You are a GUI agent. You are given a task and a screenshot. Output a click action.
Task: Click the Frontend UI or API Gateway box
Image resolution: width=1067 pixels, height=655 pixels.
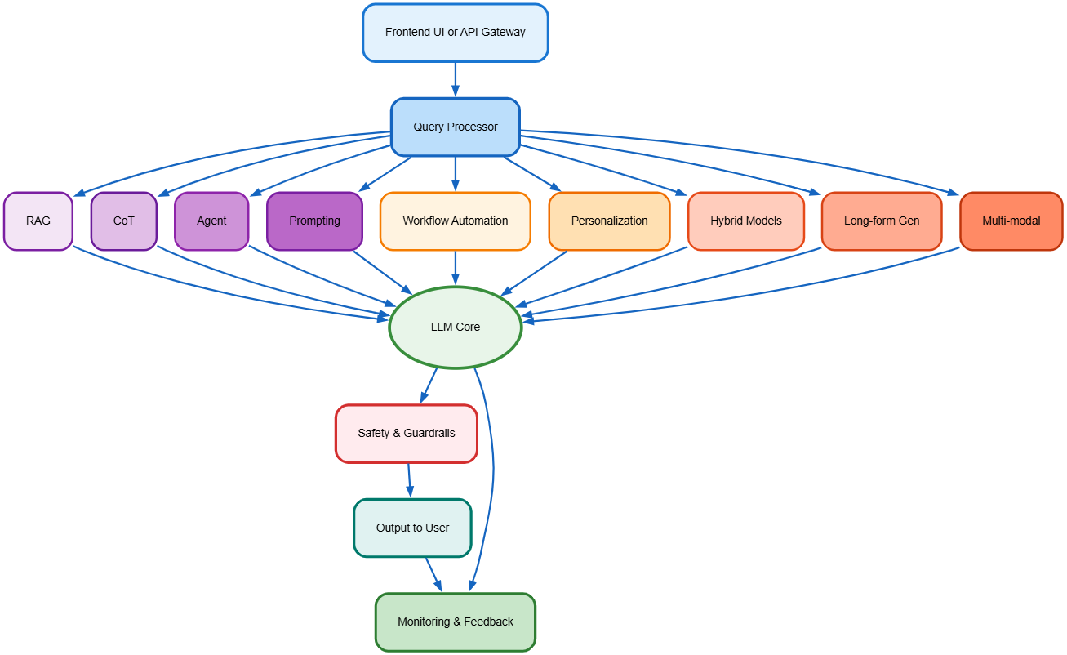[455, 33]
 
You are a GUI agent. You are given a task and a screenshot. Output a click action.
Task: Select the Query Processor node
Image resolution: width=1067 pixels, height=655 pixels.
[455, 127]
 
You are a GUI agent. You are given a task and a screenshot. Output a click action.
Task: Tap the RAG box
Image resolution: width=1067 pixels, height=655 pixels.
[38, 221]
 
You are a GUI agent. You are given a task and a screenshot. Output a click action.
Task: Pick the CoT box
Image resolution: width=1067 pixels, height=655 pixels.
[123, 221]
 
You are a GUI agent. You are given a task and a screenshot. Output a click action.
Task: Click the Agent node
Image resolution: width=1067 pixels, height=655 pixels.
[211, 221]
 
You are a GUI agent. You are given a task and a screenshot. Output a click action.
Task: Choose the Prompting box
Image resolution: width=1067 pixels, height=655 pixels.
[314, 221]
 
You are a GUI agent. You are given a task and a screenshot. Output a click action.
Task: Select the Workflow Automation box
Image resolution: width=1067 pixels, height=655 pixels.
[455, 221]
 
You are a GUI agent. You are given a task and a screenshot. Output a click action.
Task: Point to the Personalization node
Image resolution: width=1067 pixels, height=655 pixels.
[609, 221]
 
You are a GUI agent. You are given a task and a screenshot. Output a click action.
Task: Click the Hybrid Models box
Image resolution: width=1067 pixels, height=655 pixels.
[745, 221]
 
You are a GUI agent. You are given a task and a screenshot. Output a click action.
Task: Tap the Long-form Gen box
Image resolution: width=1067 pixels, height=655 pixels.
[881, 221]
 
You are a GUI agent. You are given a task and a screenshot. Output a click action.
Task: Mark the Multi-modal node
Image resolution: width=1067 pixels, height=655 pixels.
[1011, 221]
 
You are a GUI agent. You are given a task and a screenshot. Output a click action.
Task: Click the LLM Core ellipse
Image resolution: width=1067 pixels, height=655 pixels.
[455, 327]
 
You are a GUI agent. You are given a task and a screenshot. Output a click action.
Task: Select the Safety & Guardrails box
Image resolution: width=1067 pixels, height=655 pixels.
[406, 433]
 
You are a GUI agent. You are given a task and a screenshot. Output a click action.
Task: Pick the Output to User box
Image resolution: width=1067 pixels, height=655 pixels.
[412, 528]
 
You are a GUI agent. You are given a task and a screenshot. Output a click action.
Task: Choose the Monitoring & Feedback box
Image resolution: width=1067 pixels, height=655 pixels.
[455, 622]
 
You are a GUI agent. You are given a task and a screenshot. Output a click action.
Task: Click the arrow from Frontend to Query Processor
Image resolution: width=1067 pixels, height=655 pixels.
[455, 79]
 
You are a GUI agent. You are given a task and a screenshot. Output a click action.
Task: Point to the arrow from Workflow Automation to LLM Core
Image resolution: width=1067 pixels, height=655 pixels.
[455, 268]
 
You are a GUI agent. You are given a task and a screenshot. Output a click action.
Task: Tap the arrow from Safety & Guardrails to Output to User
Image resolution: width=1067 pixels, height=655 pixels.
[409, 480]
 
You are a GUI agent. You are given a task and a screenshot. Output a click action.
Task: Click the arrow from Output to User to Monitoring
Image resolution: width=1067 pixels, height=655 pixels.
[433, 573]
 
